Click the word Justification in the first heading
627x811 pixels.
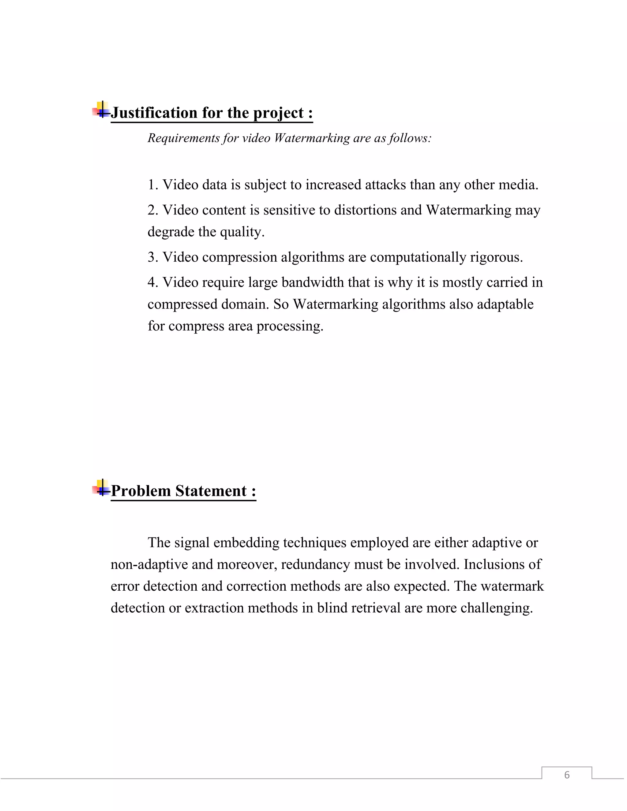coord(154,113)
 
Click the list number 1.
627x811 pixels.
coord(152,185)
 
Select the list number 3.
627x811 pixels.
coord(152,257)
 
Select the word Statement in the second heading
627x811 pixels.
coord(211,491)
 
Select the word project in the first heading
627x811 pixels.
coord(278,113)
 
